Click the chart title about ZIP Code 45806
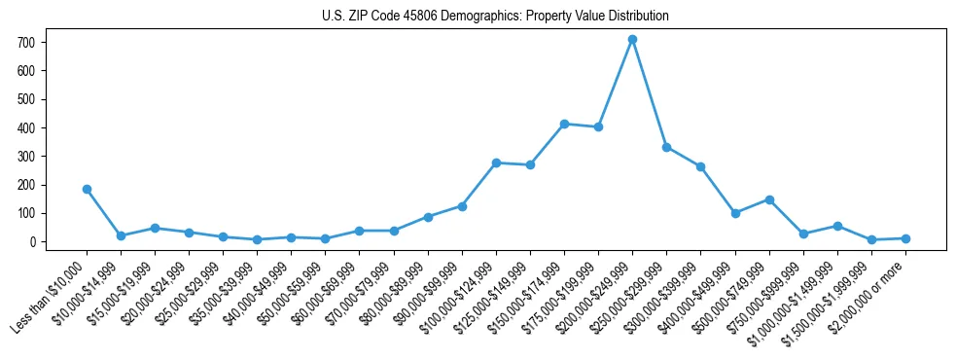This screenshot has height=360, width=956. [495, 16]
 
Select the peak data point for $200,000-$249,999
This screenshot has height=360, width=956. [632, 39]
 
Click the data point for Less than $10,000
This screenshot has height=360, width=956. [87, 189]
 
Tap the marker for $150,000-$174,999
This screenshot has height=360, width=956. [564, 124]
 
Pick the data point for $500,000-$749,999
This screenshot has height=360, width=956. [769, 199]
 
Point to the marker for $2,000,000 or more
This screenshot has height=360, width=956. [905, 238]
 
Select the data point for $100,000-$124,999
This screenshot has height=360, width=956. [496, 162]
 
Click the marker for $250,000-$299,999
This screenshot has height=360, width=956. [666, 147]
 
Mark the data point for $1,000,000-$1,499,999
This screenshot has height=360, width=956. [837, 226]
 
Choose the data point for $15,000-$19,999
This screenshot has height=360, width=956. [155, 228]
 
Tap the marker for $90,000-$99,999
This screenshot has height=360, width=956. [462, 206]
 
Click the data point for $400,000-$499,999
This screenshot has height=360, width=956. [735, 213]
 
